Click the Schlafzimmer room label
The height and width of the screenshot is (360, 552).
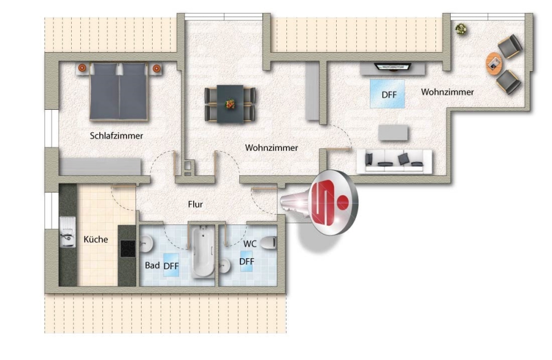116,136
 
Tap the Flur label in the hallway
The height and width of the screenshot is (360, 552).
196,204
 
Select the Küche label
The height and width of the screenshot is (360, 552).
96,239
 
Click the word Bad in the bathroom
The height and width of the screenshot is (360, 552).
152,265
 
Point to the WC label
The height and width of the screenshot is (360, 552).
250,243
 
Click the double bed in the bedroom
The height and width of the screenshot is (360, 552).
118,91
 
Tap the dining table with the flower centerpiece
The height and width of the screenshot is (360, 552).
230,104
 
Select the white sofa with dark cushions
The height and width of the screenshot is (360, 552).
394,161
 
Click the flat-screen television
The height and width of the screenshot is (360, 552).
393,66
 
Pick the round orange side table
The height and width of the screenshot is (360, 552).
494,63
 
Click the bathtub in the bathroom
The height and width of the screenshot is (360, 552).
203,251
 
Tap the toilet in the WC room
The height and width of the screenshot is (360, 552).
269,243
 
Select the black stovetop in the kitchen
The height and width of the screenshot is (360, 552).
128,248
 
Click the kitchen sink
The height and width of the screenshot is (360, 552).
67,232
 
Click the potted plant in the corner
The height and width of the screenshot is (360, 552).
461,29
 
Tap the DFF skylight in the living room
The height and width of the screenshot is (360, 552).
387,94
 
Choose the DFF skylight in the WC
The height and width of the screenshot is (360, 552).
247,261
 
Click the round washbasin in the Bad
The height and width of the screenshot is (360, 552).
146,243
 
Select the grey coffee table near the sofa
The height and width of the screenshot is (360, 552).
393,133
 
